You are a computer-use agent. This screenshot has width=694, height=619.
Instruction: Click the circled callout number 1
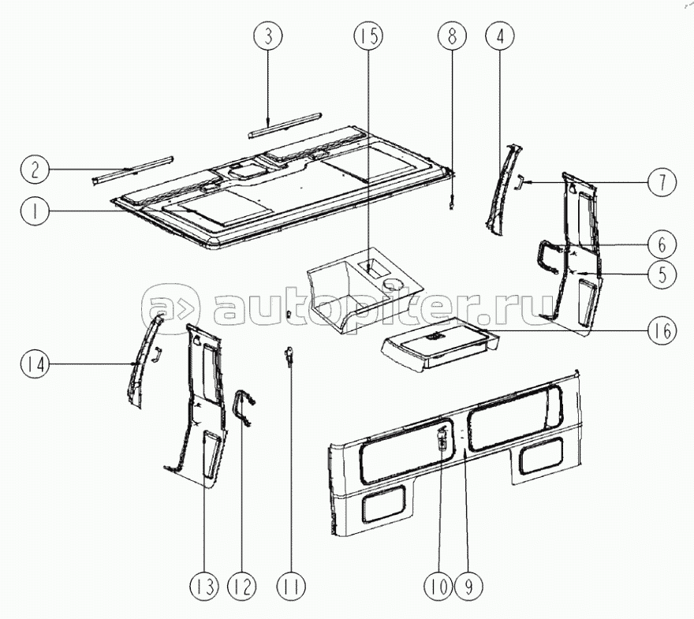click(x=35, y=211)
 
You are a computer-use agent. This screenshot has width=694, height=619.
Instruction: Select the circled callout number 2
click(x=35, y=170)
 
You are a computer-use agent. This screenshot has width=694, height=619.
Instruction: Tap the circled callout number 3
click(x=268, y=35)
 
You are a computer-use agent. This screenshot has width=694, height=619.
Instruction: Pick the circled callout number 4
click(x=500, y=35)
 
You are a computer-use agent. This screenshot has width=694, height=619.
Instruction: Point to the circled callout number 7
click(x=662, y=182)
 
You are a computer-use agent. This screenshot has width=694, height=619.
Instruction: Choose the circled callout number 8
click(x=452, y=35)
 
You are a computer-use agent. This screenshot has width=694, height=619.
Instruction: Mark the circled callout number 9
click(x=468, y=587)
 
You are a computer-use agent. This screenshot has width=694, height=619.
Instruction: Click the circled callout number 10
click(x=438, y=587)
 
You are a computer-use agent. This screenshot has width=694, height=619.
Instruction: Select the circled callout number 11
click(x=292, y=587)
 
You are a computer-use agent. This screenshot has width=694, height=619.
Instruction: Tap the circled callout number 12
click(x=242, y=587)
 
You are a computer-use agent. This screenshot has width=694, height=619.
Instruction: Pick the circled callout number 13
click(x=204, y=587)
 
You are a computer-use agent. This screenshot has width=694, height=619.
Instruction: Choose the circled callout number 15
click(x=369, y=35)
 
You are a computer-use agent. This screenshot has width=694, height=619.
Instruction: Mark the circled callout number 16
click(x=662, y=330)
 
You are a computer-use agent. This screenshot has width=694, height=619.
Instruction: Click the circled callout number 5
click(x=662, y=274)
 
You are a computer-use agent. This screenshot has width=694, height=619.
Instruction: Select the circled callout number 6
click(x=662, y=244)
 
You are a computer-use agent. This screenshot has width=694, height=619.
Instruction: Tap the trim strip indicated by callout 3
click(x=285, y=125)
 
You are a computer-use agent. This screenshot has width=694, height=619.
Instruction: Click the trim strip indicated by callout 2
click(x=132, y=170)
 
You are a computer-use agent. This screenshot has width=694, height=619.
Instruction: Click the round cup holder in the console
click(x=394, y=284)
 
